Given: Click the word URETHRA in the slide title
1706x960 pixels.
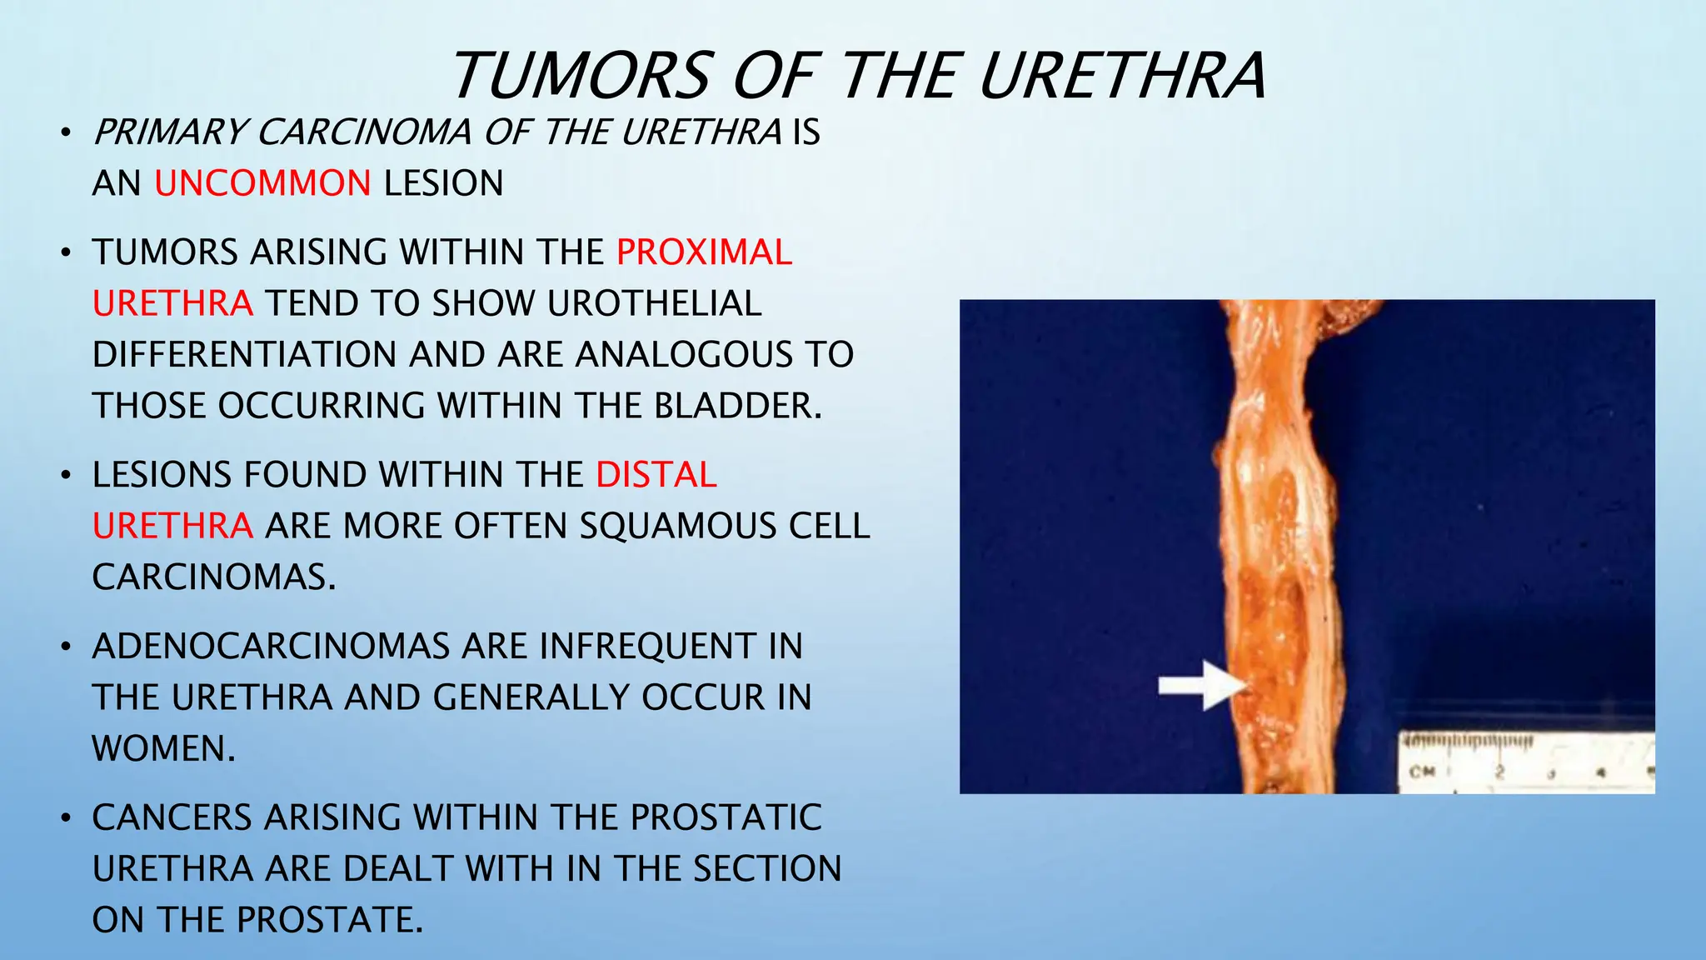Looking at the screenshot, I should (x=1122, y=77).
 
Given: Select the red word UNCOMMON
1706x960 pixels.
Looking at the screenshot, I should (x=262, y=183).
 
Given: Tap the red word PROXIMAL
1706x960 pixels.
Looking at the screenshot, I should (x=704, y=252).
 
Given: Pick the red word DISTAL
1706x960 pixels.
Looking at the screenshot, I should (x=656, y=475).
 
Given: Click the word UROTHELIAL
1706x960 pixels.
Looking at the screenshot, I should (x=654, y=303).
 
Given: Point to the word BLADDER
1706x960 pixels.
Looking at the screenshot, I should (x=737, y=406).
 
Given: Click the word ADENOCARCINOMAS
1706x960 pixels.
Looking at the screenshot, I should (x=272, y=647).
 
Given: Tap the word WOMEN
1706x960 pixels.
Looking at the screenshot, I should (x=162, y=748).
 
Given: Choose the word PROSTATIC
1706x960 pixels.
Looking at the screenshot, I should (x=726, y=817).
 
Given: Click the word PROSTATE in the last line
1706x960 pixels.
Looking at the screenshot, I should (x=329, y=920).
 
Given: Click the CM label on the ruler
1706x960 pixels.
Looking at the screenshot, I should (x=1421, y=772).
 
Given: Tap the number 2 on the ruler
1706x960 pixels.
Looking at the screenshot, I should (x=1499, y=772).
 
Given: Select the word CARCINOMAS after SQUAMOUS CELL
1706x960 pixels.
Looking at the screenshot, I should (x=212, y=577).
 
